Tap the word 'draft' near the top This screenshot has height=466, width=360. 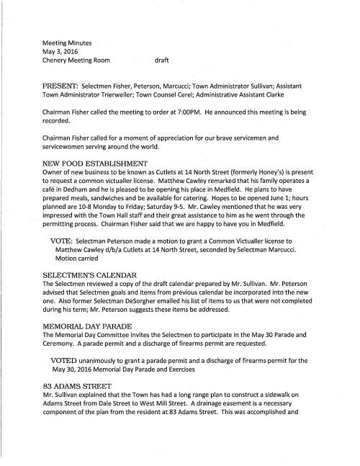pyautogui.click(x=166, y=63)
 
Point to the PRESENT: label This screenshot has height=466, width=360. pyautogui.click(x=63, y=86)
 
